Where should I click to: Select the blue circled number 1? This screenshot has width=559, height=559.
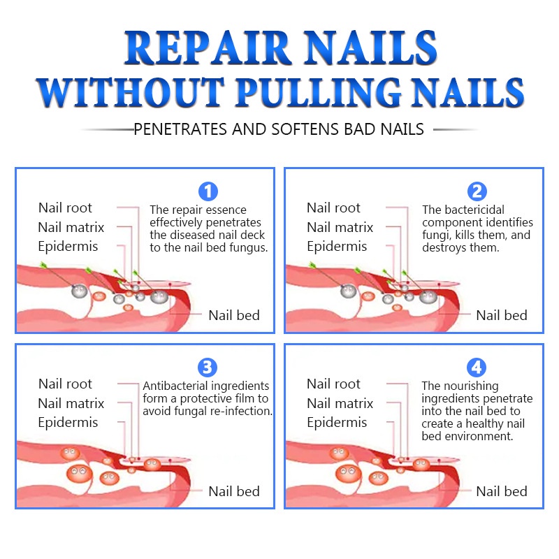pos(208,191)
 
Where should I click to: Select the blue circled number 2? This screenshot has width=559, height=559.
pos(477,191)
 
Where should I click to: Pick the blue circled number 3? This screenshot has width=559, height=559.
pos(208,367)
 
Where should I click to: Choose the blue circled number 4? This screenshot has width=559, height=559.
pos(477,367)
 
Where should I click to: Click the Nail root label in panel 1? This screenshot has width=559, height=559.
pos(65,208)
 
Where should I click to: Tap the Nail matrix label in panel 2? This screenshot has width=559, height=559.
pos(340,227)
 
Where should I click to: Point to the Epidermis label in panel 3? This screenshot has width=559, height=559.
pos(68,423)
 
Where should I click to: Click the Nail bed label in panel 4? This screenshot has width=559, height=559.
pos(501,491)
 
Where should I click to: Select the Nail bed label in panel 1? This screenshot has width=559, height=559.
pos(233,315)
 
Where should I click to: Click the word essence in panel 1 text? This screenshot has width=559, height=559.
pos(224,210)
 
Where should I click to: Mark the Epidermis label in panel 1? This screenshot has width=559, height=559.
pos(68,247)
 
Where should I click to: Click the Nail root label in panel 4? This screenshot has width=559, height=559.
pos(333,384)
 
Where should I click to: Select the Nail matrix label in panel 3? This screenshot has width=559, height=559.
pos(71,403)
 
